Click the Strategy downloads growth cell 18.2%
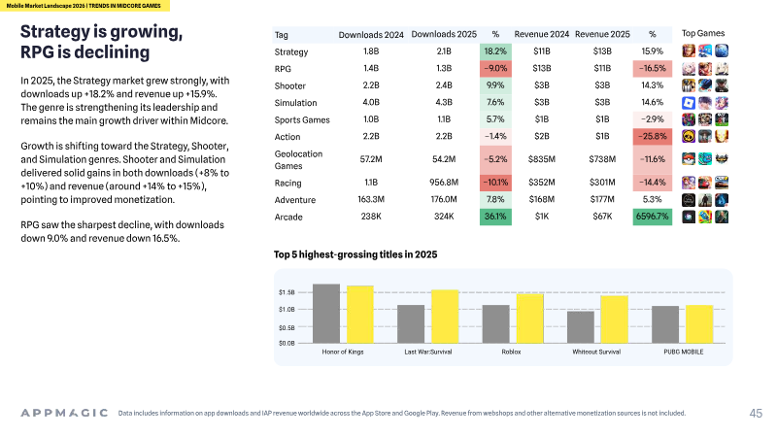click(495, 51)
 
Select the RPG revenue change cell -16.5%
click(652, 68)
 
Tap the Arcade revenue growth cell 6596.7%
click(652, 217)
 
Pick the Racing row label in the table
click(287, 183)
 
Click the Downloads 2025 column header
click(444, 34)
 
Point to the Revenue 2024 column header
click(542, 34)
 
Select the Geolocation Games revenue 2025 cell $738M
click(602, 159)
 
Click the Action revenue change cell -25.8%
click(652, 136)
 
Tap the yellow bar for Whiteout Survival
click(615, 319)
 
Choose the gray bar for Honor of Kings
click(326, 314)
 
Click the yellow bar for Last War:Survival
click(445, 317)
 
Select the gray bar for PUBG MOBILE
click(665, 324)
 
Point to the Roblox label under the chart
click(512, 352)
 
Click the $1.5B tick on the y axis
click(287, 292)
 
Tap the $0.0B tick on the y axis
click(287, 343)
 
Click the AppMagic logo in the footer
click(64, 413)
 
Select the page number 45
click(756, 414)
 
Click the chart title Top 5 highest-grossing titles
click(355, 254)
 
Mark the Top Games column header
click(702, 33)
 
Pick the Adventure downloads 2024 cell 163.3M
click(371, 199)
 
